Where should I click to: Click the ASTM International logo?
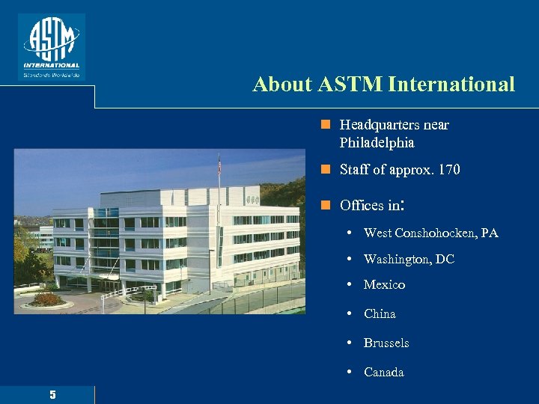point(51,46)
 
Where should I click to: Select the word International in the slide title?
point(451,85)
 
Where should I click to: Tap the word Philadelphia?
point(377,142)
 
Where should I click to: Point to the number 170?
point(450,170)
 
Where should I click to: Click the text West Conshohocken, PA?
point(430,233)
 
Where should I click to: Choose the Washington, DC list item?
point(409,259)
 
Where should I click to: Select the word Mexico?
point(384,284)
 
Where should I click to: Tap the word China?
point(380,313)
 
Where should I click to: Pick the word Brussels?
point(386,343)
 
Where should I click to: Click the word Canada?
point(383,372)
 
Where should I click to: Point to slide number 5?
point(52,395)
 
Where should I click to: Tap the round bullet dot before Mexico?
point(350,285)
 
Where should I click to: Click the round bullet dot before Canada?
point(350,373)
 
